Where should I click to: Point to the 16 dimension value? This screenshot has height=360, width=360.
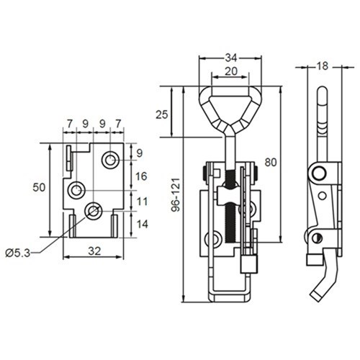tap(141, 176)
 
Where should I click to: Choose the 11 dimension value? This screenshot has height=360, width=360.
tap(141, 201)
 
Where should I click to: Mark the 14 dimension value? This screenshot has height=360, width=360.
tap(141, 224)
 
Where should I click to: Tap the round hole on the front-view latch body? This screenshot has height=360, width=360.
tap(213, 240)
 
